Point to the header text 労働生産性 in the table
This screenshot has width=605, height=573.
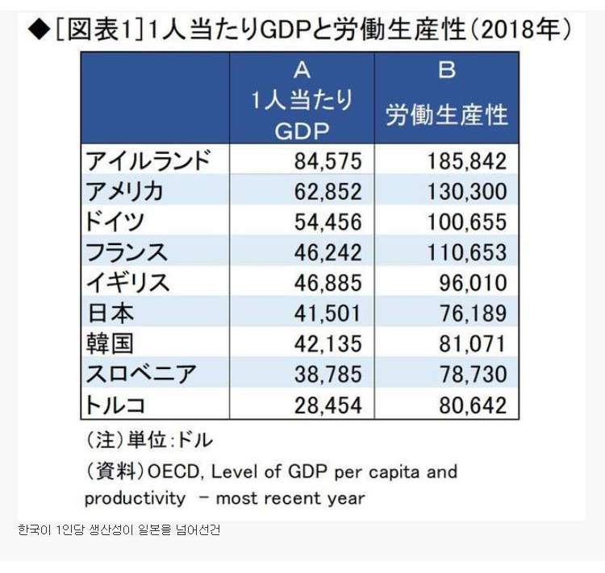(446, 115)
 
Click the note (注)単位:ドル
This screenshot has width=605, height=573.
(148, 440)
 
